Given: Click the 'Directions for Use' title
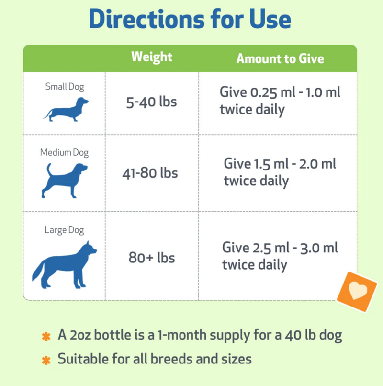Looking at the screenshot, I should pyautogui.click(x=190, y=19).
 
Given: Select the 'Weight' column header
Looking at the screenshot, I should pyautogui.click(x=152, y=57).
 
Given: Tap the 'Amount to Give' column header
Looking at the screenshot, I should pyautogui.click(x=280, y=58).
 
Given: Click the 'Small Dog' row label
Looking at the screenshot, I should pyautogui.click(x=65, y=87).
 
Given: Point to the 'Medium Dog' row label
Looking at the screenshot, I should pyautogui.click(x=64, y=153).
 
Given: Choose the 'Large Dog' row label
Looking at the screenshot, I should pyautogui.click(x=64, y=230).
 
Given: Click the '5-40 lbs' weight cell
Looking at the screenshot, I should pyautogui.click(x=151, y=102).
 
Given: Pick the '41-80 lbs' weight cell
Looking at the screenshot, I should pyautogui.click(x=150, y=172).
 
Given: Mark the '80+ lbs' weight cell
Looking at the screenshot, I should pyautogui.click(x=152, y=258).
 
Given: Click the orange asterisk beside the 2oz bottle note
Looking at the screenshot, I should pyautogui.click(x=46, y=337).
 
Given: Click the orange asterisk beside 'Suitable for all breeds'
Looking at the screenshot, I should pyautogui.click(x=46, y=359).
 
